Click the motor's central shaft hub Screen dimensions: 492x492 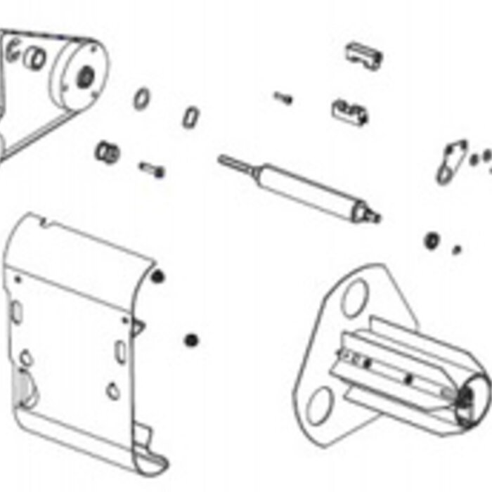(x=86, y=73)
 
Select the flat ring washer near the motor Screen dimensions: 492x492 (x=141, y=98)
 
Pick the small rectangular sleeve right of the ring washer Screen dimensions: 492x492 (x=190, y=117)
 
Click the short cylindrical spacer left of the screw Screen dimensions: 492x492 (x=107, y=151)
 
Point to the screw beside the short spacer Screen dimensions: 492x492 (x=153, y=169)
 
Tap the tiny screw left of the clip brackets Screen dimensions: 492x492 (x=283, y=98)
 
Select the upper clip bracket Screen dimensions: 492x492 (x=365, y=55)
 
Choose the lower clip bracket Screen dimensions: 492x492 (x=350, y=111)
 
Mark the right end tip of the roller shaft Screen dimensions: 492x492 (x=373, y=214)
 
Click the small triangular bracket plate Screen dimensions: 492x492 (x=451, y=162)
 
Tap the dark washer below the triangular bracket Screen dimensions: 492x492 (x=432, y=240)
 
